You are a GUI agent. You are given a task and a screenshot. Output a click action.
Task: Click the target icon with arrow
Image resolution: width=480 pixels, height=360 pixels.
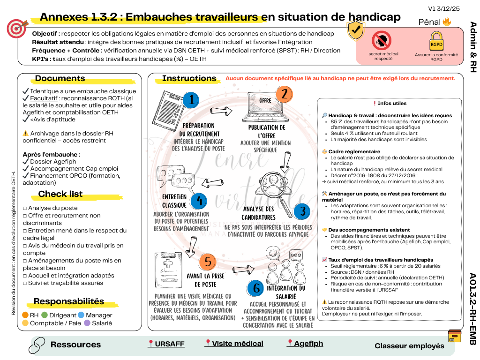pos(17,29)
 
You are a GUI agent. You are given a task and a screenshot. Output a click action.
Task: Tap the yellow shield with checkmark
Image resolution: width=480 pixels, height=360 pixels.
pos(356,30)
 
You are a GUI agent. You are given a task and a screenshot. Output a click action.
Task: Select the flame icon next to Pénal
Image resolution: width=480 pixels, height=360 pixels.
pos(447,22)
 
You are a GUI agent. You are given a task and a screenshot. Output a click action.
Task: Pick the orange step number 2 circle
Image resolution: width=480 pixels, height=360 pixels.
pos(284,94)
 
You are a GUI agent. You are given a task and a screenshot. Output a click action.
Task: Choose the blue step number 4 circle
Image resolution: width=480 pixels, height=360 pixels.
pos(199,201)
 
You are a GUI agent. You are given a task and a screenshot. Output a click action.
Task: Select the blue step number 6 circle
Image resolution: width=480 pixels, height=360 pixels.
pos(256,288)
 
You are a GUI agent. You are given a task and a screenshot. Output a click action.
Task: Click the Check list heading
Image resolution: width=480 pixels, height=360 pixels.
pos(60,194)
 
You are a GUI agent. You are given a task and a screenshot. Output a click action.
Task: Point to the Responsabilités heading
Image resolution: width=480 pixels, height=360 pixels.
pos(69,301)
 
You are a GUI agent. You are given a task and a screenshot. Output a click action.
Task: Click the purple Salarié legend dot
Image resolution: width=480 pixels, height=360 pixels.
pos(87,323)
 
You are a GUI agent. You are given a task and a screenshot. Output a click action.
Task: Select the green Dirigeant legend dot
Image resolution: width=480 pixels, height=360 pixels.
pos(45,315)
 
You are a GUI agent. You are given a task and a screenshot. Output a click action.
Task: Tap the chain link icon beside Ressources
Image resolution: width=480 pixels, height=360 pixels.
pos(37,345)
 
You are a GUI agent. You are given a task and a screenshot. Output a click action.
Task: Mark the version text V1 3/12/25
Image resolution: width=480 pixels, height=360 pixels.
pos(444,8)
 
